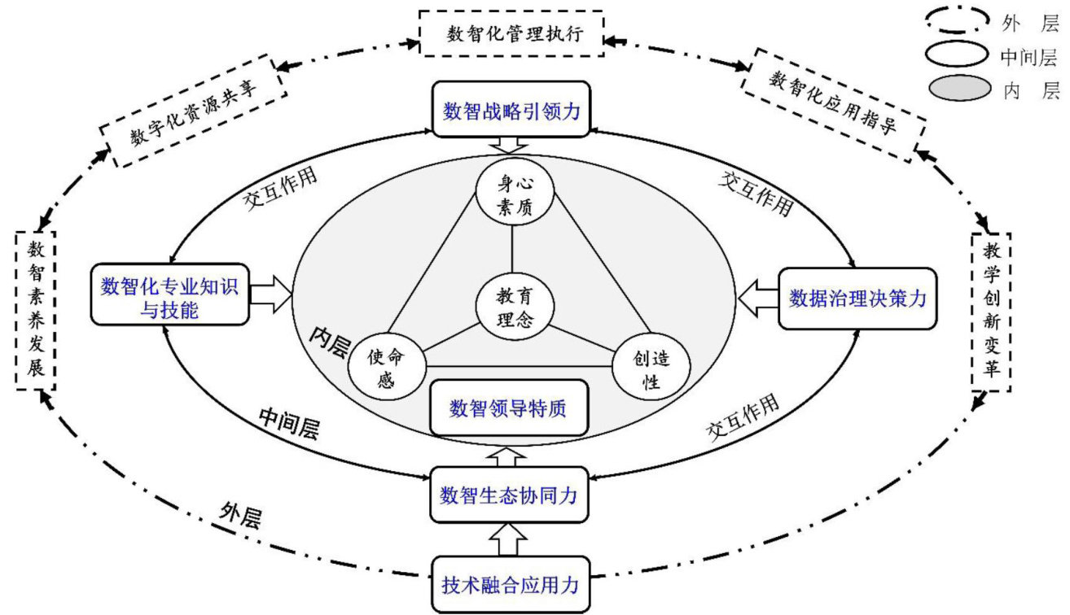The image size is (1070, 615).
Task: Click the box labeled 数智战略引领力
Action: pos(511,110)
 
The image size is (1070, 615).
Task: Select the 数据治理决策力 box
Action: pos(857,299)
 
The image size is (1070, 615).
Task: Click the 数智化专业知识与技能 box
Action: pos(169,299)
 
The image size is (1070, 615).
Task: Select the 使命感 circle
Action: pos(387,366)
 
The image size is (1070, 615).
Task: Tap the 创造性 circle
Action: pos(651,368)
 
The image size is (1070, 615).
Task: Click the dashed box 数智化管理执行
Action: pos(511,34)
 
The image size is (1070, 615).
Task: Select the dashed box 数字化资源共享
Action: pos(193,109)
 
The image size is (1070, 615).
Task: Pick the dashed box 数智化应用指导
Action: pos(833,104)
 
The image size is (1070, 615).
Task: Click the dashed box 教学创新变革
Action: pos(991,309)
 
